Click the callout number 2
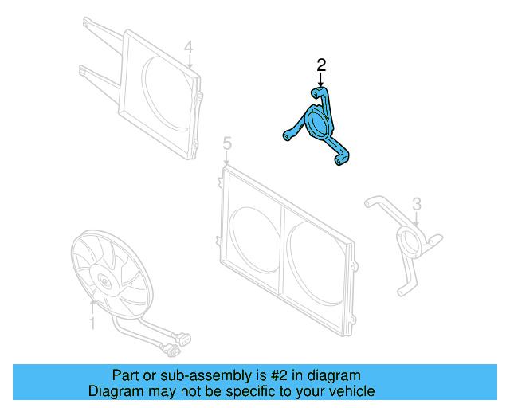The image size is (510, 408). coord(321,64)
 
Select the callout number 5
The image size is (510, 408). coord(227,143)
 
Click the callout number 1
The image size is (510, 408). coord(92,324)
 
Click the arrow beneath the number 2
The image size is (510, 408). coord(321,80)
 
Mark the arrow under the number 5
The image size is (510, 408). coord(227,158)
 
